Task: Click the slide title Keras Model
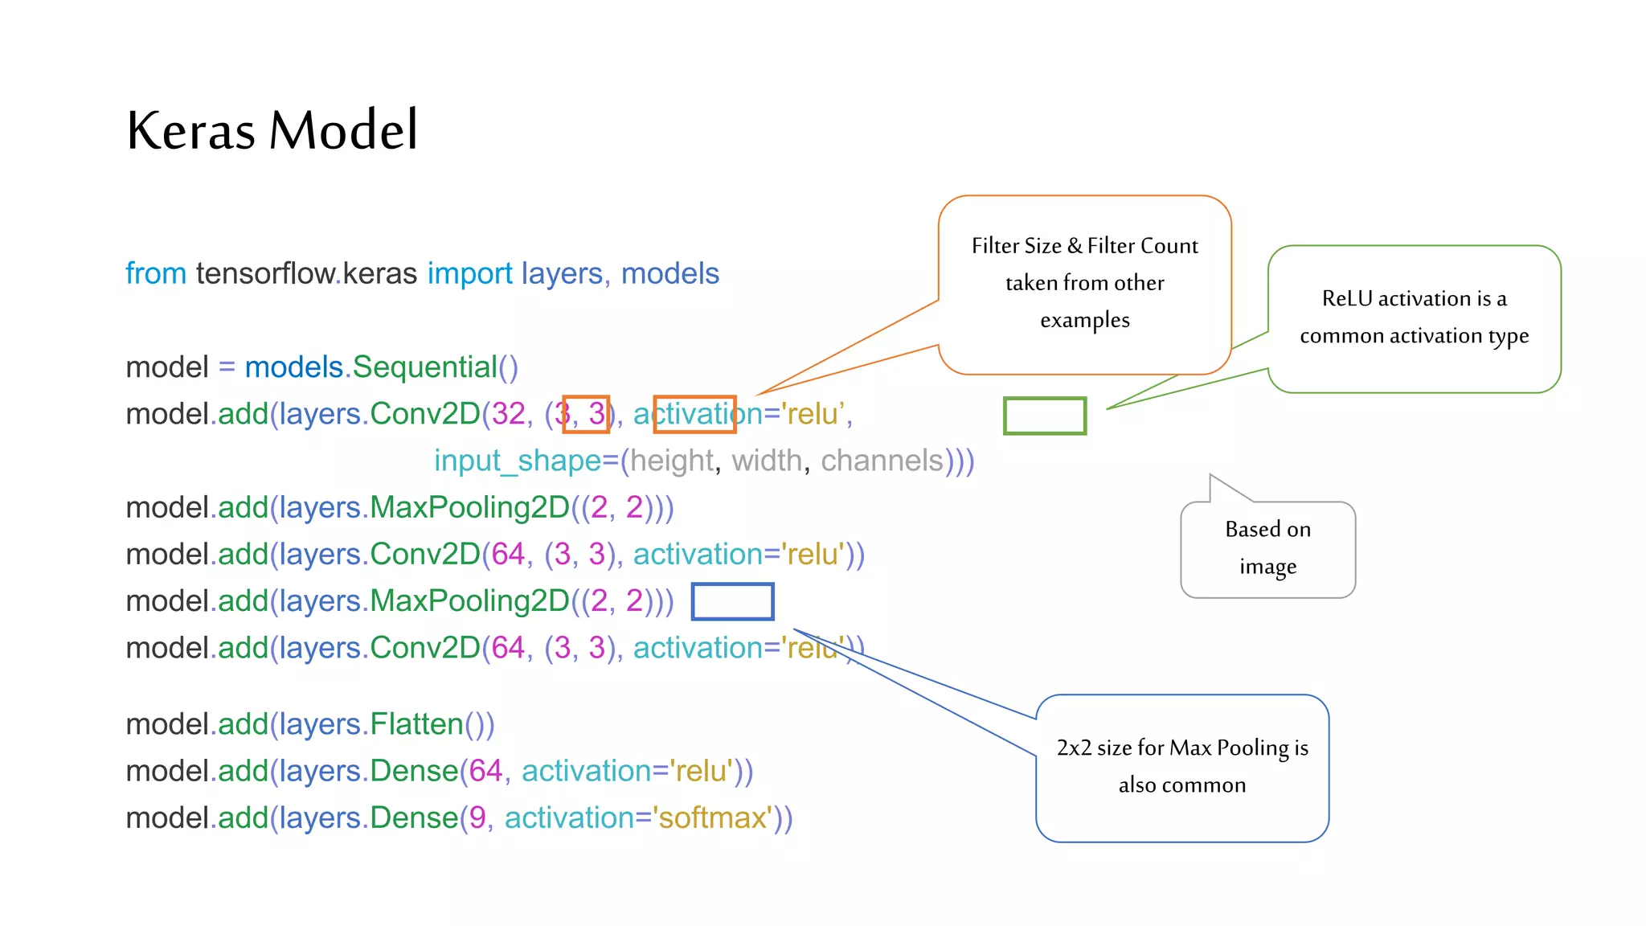coord(272,130)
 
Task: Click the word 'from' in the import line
coord(156,274)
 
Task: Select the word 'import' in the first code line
coord(469,274)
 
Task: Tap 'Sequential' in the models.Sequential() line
coord(424,367)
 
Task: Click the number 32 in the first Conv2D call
coord(508,414)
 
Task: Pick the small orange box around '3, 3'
coord(586,414)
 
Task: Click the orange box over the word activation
coord(694,414)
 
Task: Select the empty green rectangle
coord(1044,416)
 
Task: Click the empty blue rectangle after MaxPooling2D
coord(732,601)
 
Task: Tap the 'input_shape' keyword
coord(517,461)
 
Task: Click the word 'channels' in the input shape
coord(882,461)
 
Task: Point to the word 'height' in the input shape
coord(671,461)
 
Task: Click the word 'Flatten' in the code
coord(416,725)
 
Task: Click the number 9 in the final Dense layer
coord(477,818)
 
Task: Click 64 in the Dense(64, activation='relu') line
coord(485,772)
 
